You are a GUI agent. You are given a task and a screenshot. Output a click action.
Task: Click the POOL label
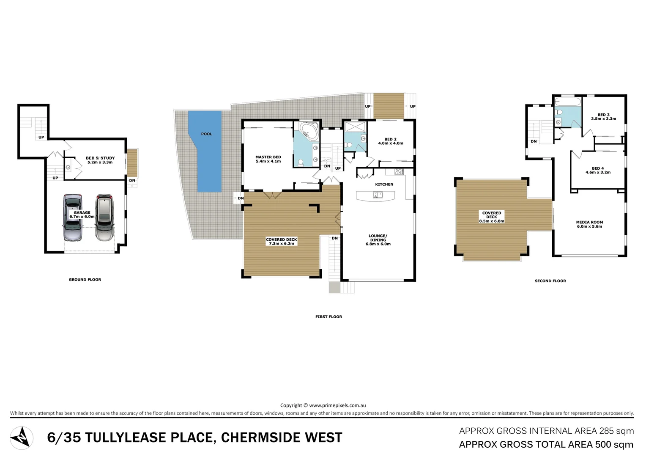(206, 134)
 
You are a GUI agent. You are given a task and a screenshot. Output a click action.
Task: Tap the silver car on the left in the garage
(73, 217)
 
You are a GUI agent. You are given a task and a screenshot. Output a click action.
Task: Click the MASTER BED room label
(268, 157)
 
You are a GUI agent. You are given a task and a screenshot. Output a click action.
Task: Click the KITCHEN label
(384, 184)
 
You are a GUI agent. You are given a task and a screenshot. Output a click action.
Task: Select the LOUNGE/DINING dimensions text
(378, 244)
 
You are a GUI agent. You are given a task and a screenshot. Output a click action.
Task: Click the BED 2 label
(390, 139)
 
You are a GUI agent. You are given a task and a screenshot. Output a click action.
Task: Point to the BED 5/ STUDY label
(100, 158)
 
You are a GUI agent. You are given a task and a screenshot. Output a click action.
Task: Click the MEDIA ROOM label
(589, 222)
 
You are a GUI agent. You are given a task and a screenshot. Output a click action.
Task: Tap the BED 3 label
(603, 115)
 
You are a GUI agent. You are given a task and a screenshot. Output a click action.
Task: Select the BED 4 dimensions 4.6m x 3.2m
(598, 173)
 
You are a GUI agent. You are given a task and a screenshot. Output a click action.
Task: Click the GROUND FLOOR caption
(85, 280)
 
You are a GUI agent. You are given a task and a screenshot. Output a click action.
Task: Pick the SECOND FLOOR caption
(550, 281)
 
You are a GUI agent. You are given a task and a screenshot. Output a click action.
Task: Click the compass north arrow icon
(22, 438)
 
